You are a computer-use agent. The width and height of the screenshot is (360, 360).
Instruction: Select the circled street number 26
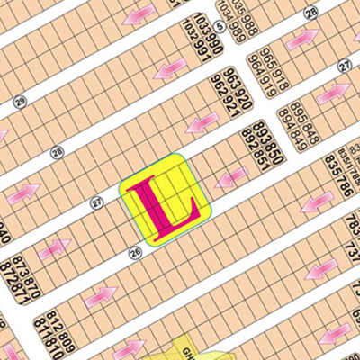(x=136, y=253)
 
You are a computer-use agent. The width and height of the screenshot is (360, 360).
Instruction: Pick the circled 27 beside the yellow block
(x=98, y=203)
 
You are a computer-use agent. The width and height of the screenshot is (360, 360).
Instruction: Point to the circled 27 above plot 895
(x=344, y=67)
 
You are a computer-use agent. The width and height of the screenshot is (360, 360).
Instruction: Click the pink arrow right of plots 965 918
(x=302, y=37)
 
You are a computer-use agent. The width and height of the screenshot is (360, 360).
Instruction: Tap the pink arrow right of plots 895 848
(x=332, y=92)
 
